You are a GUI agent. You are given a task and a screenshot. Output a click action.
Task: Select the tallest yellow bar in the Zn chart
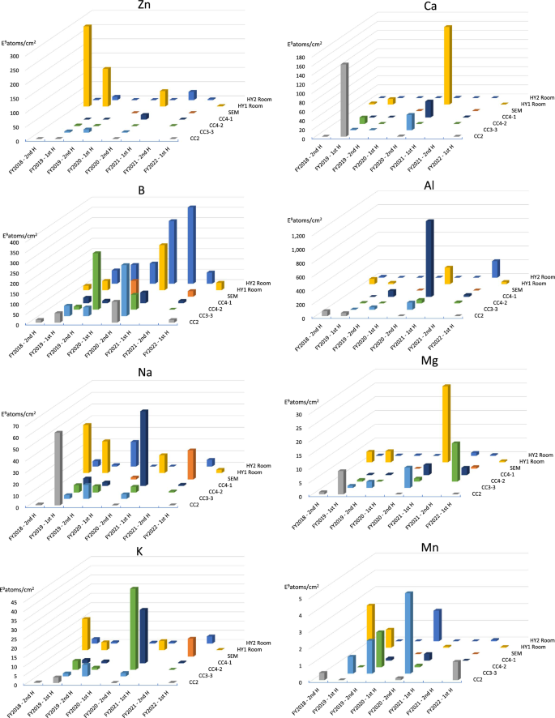pyautogui.click(x=87, y=65)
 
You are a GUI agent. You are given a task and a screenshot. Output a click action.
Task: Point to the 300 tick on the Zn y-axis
pyautogui.click(x=15, y=56)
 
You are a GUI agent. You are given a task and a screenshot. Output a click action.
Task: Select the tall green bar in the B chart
pyautogui.click(x=96, y=280)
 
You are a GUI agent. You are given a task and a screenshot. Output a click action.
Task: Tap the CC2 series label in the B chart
pyautogui.click(x=195, y=323)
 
